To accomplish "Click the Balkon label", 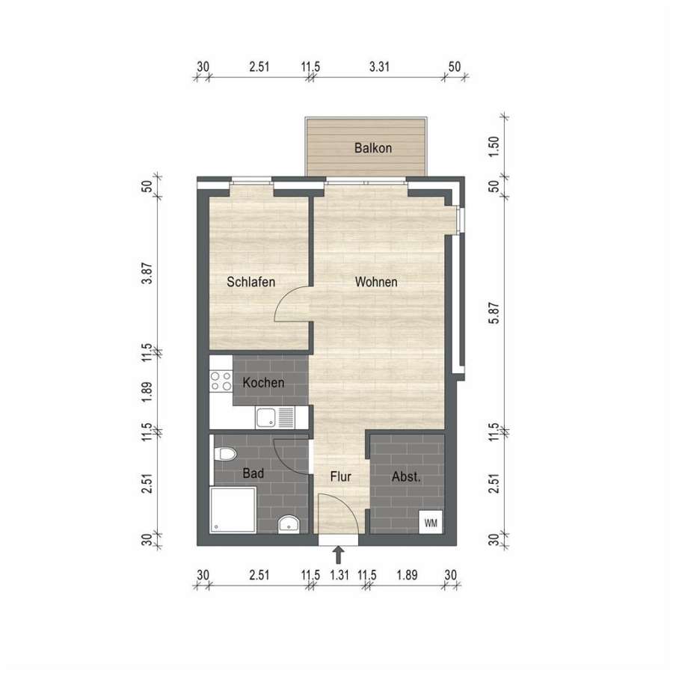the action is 373,148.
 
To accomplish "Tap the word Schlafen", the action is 251,282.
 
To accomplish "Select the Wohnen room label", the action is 376,282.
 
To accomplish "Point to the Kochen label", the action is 263,382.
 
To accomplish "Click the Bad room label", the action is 253,473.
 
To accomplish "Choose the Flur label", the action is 341,476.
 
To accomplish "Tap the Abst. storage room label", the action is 406,477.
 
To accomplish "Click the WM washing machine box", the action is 431,523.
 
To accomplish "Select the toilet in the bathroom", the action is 224,454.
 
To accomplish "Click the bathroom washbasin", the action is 289,524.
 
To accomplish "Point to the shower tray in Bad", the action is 233,510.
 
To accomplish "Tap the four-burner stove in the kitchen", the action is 221,381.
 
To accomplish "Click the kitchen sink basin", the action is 266,417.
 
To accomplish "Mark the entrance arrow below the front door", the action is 339,555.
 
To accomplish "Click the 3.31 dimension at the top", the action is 379,67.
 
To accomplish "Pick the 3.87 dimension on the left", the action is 147,274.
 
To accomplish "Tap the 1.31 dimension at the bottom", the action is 339,575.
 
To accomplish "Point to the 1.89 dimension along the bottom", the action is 407,575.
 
